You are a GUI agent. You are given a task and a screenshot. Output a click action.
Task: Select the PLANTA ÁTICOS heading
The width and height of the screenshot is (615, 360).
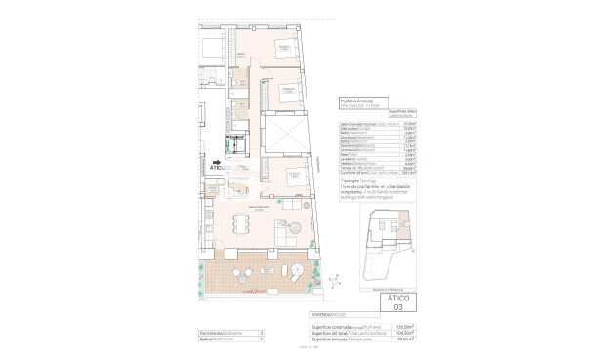(354, 100)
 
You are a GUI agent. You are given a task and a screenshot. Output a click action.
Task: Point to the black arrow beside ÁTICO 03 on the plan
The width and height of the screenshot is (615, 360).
(217, 164)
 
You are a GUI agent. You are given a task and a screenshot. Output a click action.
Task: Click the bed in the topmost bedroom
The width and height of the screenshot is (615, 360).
(282, 48)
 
